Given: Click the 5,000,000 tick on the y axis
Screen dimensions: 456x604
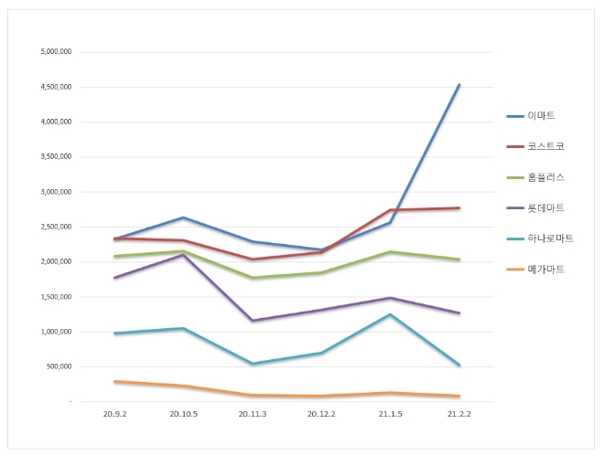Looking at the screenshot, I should click(x=56, y=52).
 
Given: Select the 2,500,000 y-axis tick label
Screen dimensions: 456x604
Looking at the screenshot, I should click(x=56, y=227).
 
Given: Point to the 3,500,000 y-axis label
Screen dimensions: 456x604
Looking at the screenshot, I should click(x=56, y=157).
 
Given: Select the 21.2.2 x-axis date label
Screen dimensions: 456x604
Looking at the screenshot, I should click(x=459, y=414).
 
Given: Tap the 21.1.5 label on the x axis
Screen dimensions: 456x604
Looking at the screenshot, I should click(x=390, y=414).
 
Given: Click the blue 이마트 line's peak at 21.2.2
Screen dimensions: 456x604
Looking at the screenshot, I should click(x=459, y=85).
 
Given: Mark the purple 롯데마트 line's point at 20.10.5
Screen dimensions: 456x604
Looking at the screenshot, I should click(x=183, y=255).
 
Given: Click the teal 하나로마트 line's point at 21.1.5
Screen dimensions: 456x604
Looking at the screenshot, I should click(x=390, y=314).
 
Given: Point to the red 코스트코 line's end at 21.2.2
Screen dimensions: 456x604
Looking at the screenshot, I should click(x=459, y=208).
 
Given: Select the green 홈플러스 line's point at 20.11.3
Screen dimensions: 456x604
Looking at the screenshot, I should click(x=252, y=278).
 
